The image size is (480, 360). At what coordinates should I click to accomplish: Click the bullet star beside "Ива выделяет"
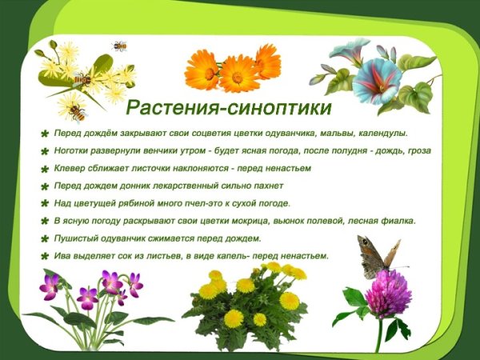(45, 257)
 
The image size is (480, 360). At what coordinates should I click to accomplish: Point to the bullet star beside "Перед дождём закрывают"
(45, 134)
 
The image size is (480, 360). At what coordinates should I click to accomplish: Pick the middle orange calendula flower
(238, 74)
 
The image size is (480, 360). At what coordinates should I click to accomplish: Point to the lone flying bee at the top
(120, 46)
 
